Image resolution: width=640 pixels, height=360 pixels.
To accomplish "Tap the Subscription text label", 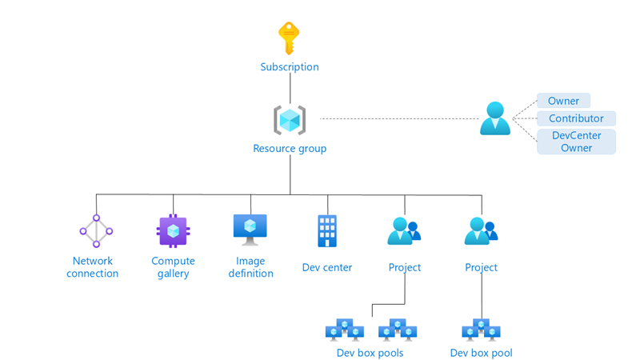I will point(290,67).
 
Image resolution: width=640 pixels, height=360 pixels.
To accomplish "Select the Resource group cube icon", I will point(290,120).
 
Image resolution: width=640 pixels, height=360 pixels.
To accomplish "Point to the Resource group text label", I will point(290,149).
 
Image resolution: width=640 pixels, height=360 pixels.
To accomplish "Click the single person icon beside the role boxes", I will point(494,118).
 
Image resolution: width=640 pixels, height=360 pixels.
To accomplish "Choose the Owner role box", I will point(563,101).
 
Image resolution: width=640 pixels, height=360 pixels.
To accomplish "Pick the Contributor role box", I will point(576,118).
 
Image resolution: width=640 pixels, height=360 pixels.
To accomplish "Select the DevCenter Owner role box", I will point(576,142).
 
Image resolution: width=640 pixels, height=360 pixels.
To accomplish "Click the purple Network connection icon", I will point(96,231).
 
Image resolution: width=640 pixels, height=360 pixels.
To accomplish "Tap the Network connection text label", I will point(93,267).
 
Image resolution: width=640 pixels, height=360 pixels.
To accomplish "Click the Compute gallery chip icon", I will point(173,231).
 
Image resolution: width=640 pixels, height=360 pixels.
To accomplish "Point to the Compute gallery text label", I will point(173,267).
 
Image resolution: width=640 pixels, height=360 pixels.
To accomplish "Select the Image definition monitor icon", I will point(250,230).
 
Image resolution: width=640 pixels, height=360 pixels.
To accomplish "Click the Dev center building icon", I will point(327,230).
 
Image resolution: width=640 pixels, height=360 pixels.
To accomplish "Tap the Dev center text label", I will point(327,267).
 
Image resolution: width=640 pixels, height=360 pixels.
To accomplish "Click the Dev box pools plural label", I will point(370,353).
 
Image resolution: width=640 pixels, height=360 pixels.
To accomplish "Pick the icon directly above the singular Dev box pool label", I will point(481,329).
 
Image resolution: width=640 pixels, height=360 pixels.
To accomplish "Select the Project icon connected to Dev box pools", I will point(403,231).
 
